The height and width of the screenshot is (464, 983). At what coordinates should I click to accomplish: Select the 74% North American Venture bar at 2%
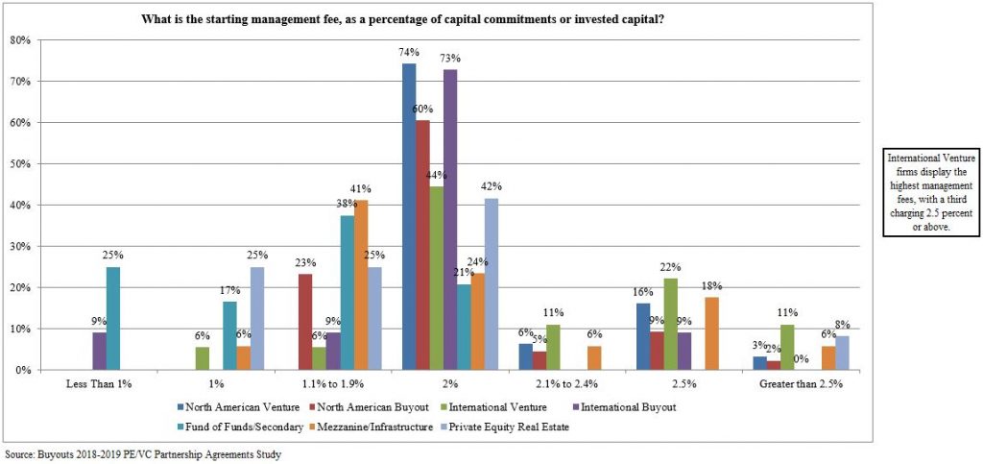tap(409, 216)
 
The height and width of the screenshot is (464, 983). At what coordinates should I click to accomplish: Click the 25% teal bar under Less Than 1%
tap(113, 318)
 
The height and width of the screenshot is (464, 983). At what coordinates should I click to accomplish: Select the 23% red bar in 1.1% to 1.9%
tap(305, 322)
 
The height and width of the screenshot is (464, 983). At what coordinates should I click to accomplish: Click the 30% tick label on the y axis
tap(20, 246)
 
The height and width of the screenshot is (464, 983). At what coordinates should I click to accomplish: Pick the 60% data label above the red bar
tap(422, 110)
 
